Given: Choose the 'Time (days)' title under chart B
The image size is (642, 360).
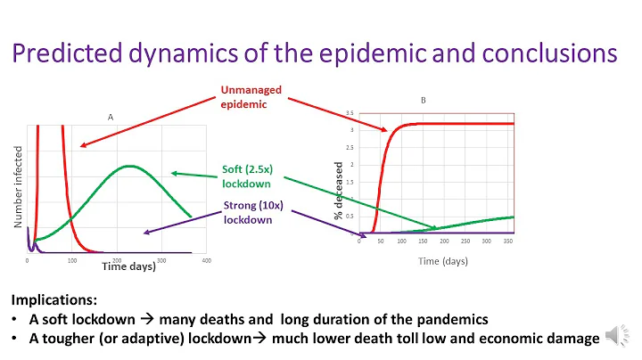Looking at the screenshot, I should [443, 261].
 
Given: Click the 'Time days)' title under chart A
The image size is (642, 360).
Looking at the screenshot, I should [128, 266].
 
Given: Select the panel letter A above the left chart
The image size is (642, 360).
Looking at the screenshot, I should [111, 116].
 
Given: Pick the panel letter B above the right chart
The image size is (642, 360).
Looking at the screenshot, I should [424, 101].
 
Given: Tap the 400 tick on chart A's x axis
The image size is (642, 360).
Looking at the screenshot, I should [207, 260].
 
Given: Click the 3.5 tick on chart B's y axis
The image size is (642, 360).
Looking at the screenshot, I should [350, 113].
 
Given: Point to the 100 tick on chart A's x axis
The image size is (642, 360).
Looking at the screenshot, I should [72, 260].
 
